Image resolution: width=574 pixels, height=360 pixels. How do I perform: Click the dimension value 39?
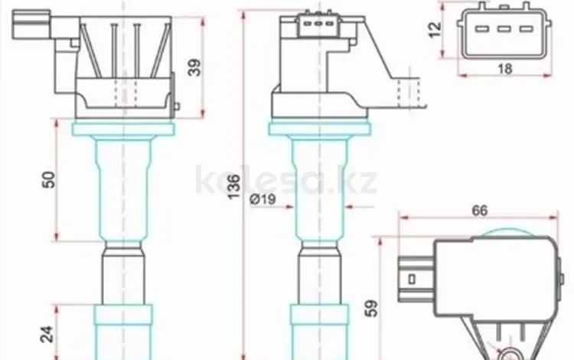[194, 67]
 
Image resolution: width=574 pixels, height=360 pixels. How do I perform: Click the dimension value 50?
[49, 180]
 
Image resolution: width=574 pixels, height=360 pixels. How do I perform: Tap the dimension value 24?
[47, 334]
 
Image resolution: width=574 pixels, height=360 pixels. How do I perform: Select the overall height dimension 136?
[234, 187]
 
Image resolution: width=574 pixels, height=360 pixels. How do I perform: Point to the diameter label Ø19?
[263, 199]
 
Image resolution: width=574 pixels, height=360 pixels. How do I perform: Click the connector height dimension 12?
[435, 30]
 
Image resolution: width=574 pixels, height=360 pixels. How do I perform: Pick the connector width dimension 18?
[504, 68]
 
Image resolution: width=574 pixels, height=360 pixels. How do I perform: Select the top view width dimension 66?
[480, 211]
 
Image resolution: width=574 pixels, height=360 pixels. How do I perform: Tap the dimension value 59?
[371, 309]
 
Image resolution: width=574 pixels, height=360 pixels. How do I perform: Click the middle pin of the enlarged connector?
[504, 29]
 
